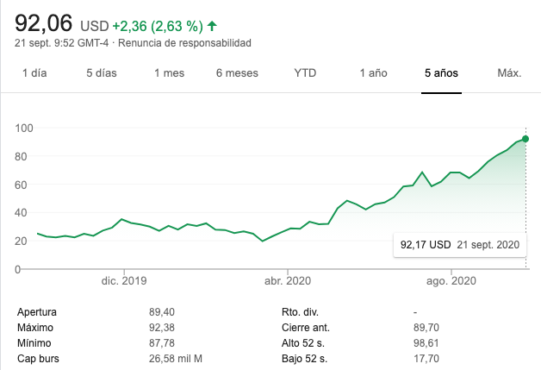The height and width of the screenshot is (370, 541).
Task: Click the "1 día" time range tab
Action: (34, 73)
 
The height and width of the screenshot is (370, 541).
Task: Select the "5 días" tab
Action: (101, 73)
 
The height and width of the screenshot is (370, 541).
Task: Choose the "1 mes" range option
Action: (169, 73)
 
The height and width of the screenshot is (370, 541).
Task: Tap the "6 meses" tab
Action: (237, 73)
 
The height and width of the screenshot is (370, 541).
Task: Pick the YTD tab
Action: (305, 73)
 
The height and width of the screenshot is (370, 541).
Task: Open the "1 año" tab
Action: (373, 73)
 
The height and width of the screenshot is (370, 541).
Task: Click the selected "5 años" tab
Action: (441, 73)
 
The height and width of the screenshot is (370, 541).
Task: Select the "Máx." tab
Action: (509, 73)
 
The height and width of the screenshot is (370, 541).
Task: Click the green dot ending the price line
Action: (525, 139)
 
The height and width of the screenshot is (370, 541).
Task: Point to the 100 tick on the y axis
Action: (23, 129)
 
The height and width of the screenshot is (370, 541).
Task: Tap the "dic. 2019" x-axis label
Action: (123, 281)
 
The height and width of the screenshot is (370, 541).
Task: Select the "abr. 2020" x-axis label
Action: (287, 281)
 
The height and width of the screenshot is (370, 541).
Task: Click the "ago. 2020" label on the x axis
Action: (451, 281)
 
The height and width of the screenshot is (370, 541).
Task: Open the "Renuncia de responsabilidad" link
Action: (185, 43)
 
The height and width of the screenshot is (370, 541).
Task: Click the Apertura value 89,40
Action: (161, 311)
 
